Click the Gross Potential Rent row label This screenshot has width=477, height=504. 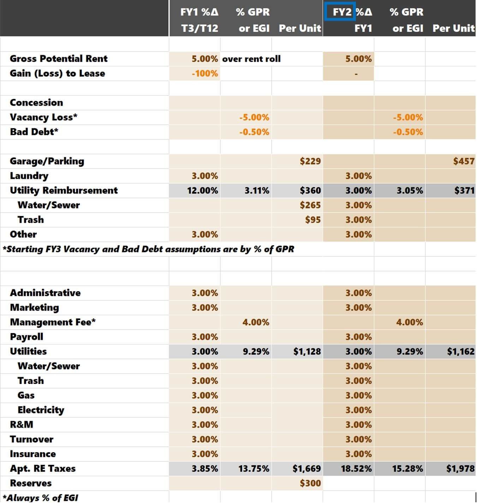(x=59, y=59)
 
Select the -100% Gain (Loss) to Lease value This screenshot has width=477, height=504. (x=205, y=73)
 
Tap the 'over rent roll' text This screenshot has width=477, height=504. (x=251, y=59)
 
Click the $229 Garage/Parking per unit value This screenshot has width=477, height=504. (x=310, y=161)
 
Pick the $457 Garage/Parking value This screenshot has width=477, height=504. (x=464, y=161)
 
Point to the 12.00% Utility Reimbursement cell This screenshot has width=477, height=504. (x=202, y=191)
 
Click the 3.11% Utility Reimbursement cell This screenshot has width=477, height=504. (x=257, y=191)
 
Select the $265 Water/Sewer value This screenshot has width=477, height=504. (x=310, y=205)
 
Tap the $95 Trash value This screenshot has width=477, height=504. (x=313, y=220)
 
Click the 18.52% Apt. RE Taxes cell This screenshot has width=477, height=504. (x=356, y=469)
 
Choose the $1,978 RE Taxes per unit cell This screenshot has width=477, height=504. (x=460, y=469)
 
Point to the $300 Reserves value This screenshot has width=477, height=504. (x=310, y=483)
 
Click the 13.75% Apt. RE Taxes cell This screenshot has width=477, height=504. (x=254, y=469)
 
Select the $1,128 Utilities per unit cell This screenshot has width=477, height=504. (x=307, y=352)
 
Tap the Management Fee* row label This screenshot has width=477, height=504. (x=53, y=322)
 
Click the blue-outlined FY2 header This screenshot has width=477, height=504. (x=339, y=12)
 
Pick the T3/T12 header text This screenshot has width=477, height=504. (x=199, y=28)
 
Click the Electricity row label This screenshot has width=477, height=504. (x=41, y=410)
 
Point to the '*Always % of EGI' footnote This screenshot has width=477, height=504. (x=40, y=498)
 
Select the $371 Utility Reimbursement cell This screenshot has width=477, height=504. (x=464, y=191)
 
